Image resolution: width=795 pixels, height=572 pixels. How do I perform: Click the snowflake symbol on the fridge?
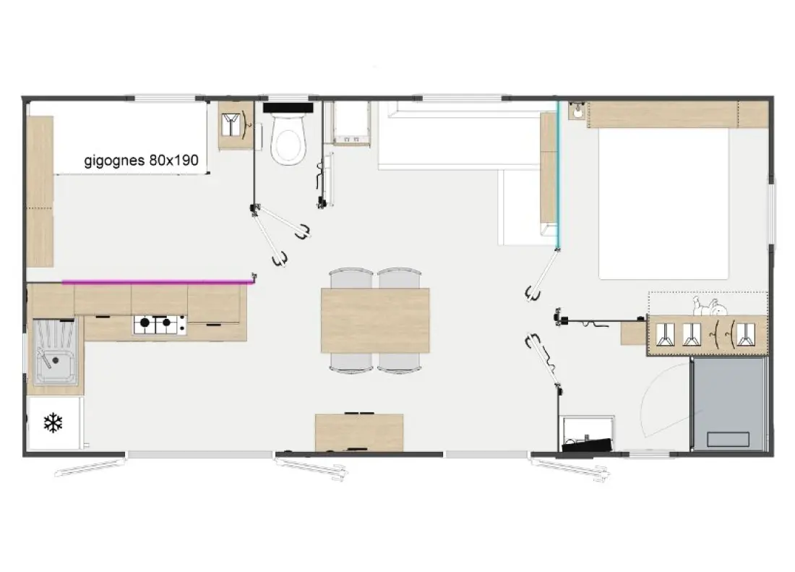coord(53,423)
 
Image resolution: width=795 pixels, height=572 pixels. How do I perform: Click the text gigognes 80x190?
coord(141,161)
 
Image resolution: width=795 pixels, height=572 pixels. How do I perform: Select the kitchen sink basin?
coord(55,351)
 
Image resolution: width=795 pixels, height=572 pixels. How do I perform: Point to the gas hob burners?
coord(160,325)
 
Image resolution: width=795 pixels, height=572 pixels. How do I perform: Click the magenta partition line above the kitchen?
coord(157,281)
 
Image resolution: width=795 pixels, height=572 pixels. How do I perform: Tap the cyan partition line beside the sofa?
coord(557,175)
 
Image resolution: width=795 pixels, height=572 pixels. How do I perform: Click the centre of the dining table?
coord(375,320)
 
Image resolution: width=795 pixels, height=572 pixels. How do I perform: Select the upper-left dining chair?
coord(351,278)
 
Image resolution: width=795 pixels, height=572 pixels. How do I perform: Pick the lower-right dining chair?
coord(400,362)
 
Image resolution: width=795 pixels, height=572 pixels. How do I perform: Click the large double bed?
coord(663,202)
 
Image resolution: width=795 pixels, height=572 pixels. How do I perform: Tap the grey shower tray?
coord(729,404)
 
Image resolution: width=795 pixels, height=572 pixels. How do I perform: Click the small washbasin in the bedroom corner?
coord(577,111)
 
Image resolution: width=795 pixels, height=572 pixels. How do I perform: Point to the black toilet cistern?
coord(288,108)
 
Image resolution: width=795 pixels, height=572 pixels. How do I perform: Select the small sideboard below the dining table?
coord(359,432)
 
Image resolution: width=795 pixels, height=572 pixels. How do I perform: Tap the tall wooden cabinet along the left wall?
coord(40,191)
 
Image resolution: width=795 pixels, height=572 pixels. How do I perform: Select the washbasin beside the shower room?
coord(587,435)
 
